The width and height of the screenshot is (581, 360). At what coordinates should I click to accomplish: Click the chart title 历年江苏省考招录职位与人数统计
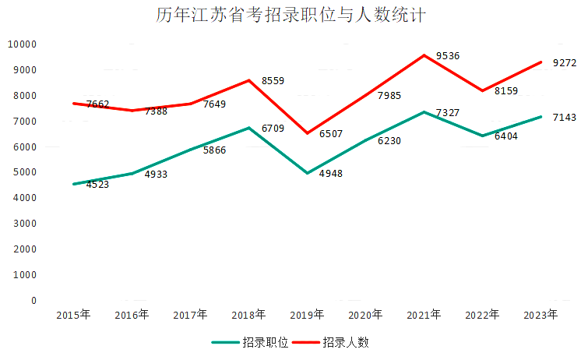[x=290, y=16]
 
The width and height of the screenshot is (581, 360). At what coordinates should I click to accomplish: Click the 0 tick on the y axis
[x=33, y=300]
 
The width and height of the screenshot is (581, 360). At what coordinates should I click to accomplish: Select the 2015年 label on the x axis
[x=73, y=315]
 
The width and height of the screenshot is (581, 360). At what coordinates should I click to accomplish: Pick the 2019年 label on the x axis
[x=307, y=315]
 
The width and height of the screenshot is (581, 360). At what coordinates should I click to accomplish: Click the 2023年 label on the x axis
[x=541, y=315]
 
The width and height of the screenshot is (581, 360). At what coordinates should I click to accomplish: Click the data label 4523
[x=97, y=185]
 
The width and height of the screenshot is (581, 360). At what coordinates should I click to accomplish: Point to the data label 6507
[x=332, y=133]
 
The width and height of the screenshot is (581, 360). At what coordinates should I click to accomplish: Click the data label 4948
[x=331, y=173]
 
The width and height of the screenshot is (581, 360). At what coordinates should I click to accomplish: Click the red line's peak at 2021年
[x=424, y=55]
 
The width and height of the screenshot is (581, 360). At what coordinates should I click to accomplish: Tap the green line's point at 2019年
[x=307, y=173]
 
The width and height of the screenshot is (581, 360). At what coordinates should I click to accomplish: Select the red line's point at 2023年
[x=541, y=62]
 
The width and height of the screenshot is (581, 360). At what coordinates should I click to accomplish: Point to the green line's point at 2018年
[x=248, y=128]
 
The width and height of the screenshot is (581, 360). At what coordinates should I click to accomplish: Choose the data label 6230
[x=389, y=140]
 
